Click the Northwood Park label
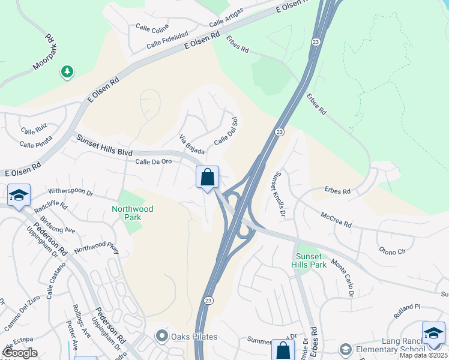[132, 213]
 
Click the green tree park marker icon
[67, 72]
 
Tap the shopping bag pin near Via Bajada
[207, 178]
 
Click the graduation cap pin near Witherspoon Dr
[19, 196]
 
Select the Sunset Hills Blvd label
[104, 146]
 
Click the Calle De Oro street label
[154, 162]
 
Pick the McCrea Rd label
[336, 219]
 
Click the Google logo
[20, 353]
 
